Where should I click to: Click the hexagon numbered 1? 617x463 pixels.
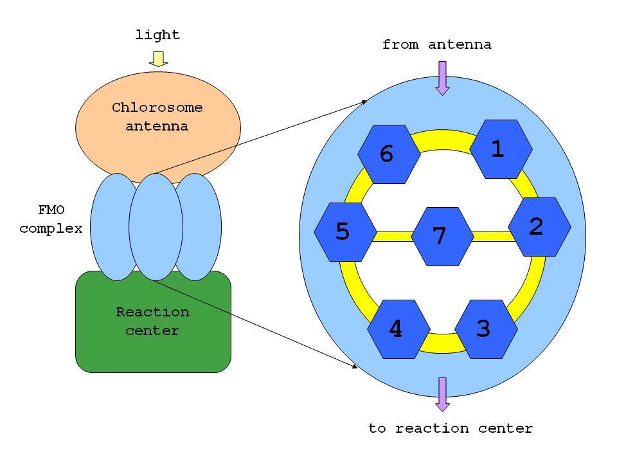click(501, 149)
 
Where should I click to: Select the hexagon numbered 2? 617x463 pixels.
click(539, 226)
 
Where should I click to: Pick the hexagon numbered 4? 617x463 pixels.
click(398, 329)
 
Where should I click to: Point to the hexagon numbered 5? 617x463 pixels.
click(345, 232)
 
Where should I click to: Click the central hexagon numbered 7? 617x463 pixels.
click(442, 236)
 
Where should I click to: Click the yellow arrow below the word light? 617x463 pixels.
click(158, 59)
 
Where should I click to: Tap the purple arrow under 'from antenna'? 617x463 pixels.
click(442, 78)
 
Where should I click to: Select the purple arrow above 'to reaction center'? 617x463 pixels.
click(442, 394)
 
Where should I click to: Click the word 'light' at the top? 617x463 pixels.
click(157, 35)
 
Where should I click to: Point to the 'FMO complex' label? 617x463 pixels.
click(51, 219)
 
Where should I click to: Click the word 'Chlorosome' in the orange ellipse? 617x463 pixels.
click(157, 107)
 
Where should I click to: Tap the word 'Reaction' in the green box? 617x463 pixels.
click(153, 312)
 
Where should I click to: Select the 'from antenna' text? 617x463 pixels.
click(436, 44)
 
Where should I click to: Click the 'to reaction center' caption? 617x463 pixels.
click(451, 428)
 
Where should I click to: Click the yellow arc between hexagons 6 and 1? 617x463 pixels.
click(445, 138)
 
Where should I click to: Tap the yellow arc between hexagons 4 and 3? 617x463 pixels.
click(442, 345)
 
